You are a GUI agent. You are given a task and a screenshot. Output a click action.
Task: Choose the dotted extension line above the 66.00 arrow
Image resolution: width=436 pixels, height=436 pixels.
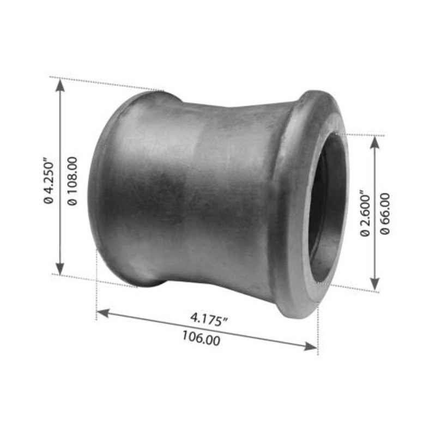362,134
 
